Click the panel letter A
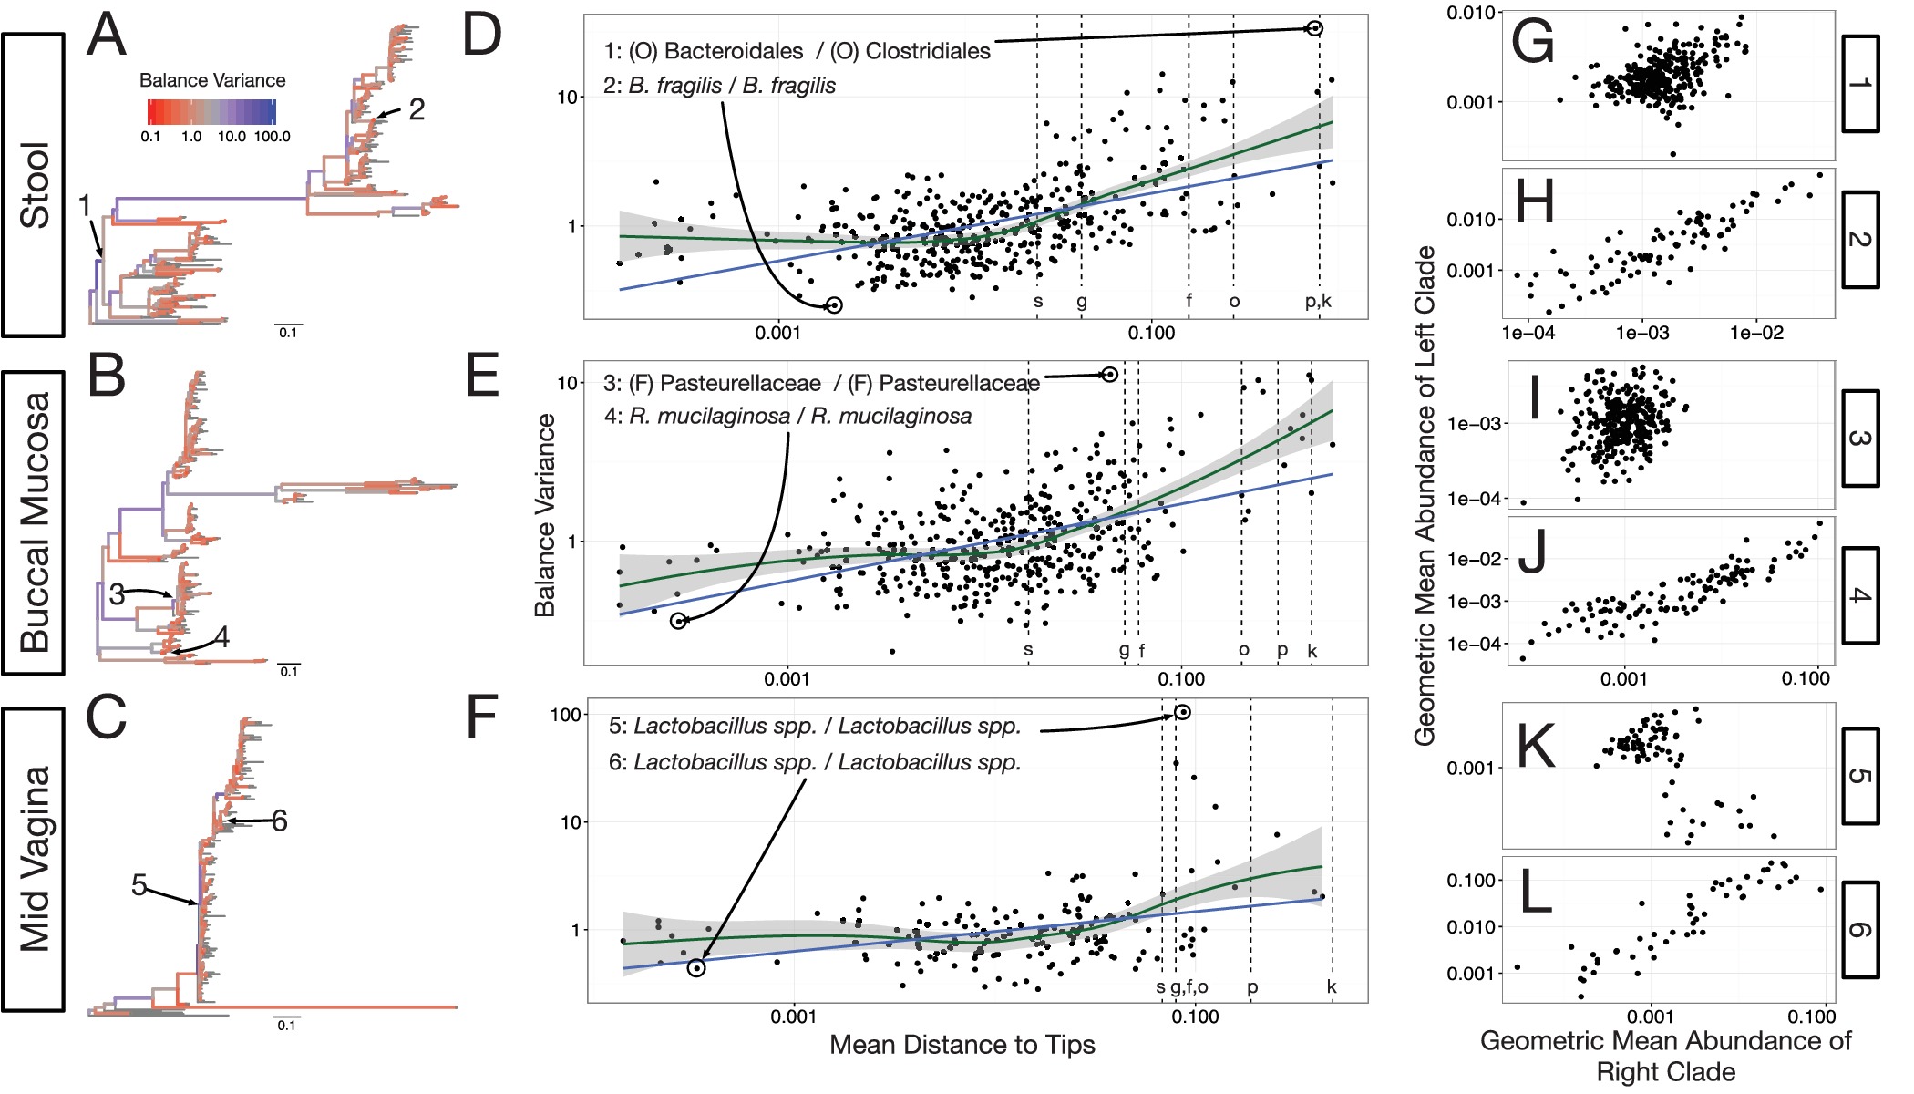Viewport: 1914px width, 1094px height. coord(107,36)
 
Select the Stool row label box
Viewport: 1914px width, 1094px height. coord(34,185)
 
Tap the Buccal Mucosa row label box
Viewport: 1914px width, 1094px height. coord(34,522)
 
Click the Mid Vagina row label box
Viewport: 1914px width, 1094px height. coord(34,860)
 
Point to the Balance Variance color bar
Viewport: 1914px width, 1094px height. coord(211,112)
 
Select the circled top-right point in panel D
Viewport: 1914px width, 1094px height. coord(1314,28)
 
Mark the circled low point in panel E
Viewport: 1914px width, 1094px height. coord(678,621)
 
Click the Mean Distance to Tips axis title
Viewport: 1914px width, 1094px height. coord(962,1045)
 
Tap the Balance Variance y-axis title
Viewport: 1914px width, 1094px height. coord(545,515)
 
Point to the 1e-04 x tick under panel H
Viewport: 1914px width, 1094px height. coord(1528,334)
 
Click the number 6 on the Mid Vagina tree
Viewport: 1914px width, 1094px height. coord(280,821)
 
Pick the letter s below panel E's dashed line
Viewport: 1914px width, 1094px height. coord(1028,650)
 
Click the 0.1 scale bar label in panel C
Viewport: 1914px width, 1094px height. coord(287,1026)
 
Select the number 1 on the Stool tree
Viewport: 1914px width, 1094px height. coord(85,206)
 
